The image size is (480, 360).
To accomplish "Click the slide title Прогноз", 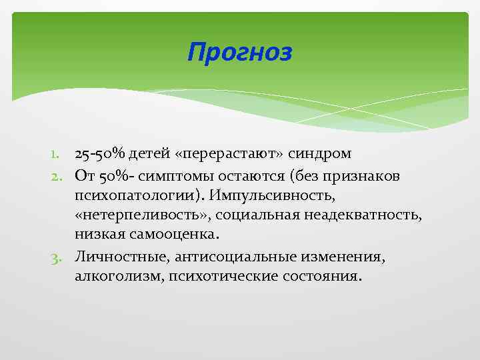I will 239,51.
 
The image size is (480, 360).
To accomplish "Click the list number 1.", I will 59,155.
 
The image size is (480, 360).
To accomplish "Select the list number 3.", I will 59,256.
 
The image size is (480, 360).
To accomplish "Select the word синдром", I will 322,155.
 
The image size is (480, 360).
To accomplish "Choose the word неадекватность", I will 360,215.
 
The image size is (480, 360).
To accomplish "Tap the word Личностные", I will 115,256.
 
